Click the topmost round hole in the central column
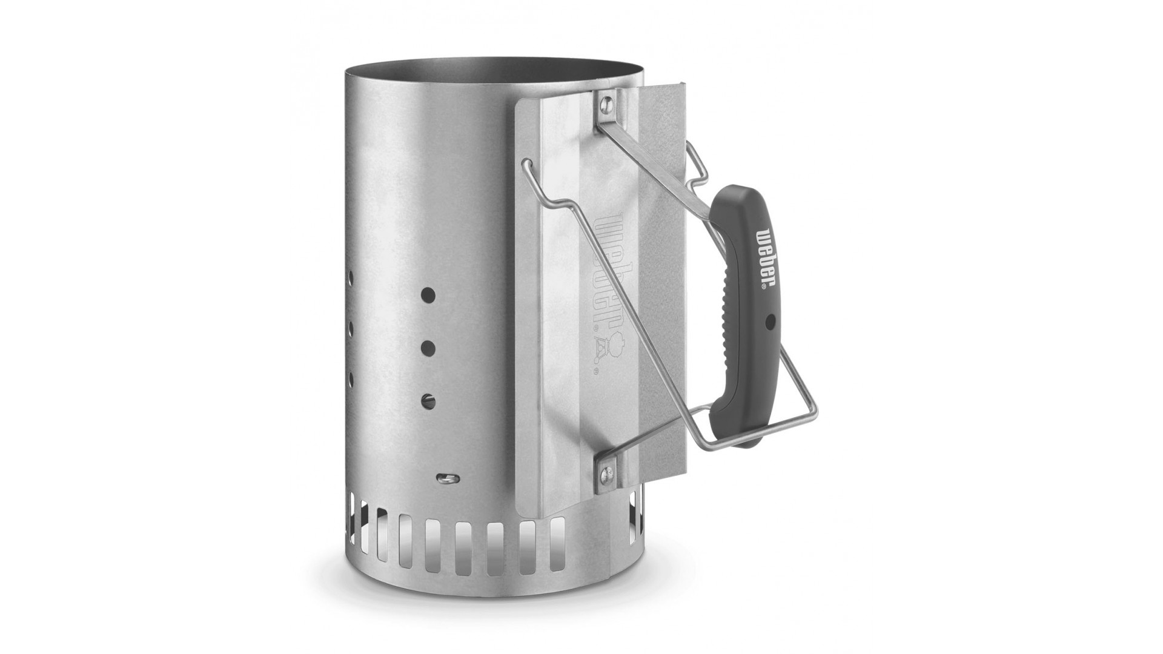(x=428, y=295)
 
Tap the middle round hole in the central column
(x=428, y=348)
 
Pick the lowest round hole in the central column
(x=429, y=400)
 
